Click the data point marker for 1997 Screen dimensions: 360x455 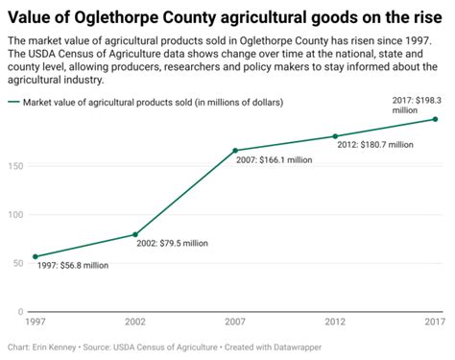(x=36, y=256)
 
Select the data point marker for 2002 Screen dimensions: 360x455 (x=135, y=234)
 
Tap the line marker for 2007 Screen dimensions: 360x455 (x=235, y=151)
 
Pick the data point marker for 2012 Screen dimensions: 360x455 (x=335, y=136)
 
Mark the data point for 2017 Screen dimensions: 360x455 (x=435, y=119)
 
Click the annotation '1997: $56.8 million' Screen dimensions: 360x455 (x=72, y=267)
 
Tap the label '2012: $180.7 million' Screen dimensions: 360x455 (x=375, y=145)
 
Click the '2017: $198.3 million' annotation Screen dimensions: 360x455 (x=417, y=105)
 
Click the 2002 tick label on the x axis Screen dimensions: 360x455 (x=135, y=324)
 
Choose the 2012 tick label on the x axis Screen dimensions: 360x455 (x=335, y=324)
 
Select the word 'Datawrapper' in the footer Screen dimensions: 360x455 (x=299, y=347)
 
